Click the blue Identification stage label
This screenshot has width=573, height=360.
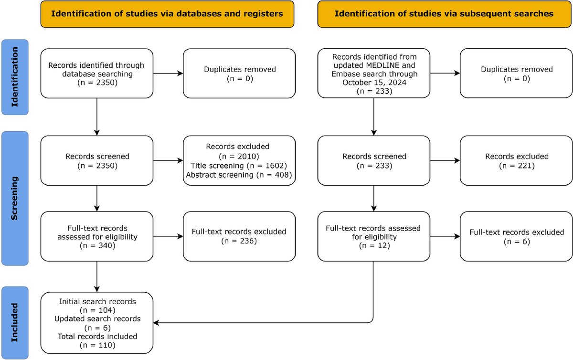(15, 77)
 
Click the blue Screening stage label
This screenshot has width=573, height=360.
(15, 199)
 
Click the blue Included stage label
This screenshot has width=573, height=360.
(15, 322)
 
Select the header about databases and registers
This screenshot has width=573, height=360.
(167, 13)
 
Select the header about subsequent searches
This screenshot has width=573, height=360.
(444, 13)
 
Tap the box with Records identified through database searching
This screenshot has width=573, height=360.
(96, 73)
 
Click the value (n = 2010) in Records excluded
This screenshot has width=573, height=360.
(239, 156)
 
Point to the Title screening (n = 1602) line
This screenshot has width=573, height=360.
(239, 165)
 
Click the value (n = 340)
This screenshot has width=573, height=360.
(96, 245)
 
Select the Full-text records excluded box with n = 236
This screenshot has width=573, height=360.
(239, 236)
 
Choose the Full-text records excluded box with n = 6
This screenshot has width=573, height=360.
(517, 237)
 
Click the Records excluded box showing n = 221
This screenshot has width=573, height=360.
(517, 160)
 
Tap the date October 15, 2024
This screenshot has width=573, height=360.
(373, 83)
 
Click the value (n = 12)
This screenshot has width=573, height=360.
(373, 245)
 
